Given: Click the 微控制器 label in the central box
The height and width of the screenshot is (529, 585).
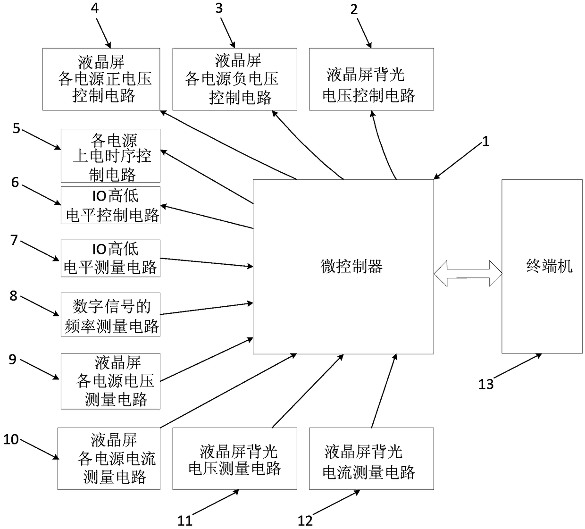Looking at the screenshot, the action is coord(351,267).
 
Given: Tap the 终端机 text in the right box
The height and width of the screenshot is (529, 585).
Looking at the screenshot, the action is coord(549,266).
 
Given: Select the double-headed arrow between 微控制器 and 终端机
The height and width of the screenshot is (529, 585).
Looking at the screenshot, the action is coord(468,273).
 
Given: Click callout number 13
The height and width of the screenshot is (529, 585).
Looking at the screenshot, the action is coord(486,384).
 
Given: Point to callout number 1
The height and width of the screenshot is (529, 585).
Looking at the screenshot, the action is coord(485,142).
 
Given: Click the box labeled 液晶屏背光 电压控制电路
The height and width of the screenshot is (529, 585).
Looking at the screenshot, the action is coord(371,79).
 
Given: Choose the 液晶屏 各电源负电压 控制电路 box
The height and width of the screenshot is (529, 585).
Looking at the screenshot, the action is coord(235,79).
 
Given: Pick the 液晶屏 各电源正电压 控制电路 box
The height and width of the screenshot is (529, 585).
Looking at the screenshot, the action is coord(101,79).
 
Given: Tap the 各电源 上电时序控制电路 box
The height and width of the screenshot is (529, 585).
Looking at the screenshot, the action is coord(110,156).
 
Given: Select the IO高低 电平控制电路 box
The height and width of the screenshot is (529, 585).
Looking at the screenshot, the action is coord(110,205).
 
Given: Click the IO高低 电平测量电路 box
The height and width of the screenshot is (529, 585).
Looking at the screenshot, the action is coord(110,258).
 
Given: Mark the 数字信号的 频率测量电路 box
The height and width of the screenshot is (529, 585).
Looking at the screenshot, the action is coord(110,315).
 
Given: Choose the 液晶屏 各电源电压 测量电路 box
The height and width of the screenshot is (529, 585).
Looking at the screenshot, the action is coord(110,381).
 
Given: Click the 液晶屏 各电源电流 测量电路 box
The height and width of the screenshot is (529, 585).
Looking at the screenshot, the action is coord(109,459).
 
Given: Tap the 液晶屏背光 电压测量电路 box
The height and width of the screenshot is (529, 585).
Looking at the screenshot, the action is coord(235,459).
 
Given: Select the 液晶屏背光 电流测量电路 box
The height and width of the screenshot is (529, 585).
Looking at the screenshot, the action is coord(371,459).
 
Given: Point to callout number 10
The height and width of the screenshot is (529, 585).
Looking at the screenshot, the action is coord(11,439).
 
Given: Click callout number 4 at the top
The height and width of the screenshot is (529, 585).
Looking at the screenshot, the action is coord(95,8).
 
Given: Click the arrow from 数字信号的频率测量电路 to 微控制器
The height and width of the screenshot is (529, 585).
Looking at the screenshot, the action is coord(207,309).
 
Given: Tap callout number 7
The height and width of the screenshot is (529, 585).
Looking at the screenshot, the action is coord(14,240).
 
